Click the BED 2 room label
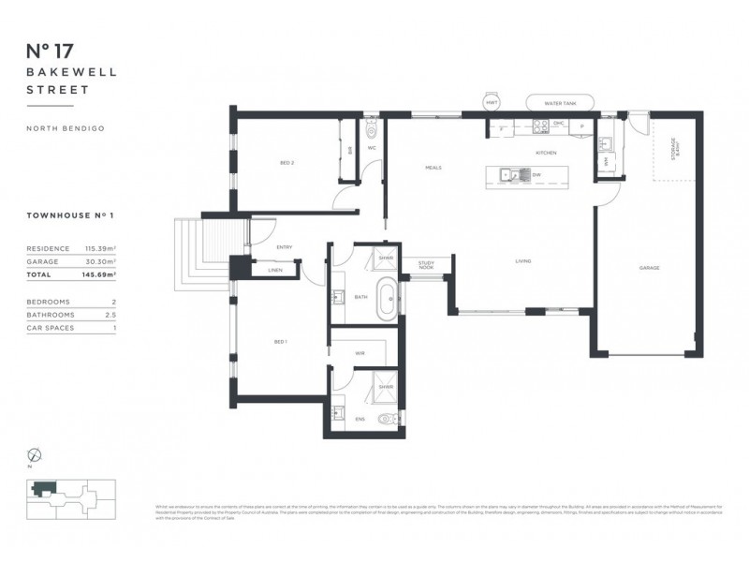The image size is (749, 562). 261,163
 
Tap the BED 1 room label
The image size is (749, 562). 279,342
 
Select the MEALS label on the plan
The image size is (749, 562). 433,168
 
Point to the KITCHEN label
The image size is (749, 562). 546,153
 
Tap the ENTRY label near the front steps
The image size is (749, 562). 285,247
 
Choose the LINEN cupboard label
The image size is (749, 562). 274,271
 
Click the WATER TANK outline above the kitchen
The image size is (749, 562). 558,103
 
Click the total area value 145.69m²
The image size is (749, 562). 98,275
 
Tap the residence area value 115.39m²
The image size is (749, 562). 98,249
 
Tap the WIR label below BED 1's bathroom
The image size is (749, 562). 360,353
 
